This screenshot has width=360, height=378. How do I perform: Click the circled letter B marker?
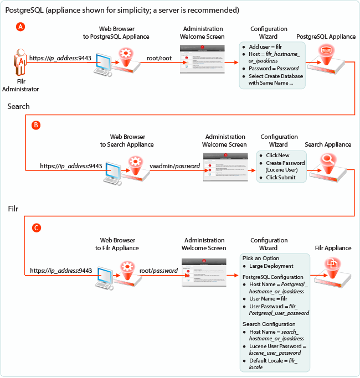click(37, 126)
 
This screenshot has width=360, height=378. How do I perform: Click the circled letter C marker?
click(37, 227)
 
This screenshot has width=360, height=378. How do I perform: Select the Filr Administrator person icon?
click(20, 65)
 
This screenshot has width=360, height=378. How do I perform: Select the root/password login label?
click(158, 271)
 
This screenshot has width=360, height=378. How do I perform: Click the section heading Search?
click(18, 106)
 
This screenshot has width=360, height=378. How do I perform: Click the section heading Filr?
click(14, 210)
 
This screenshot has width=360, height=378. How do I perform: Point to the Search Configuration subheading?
click(269, 324)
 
